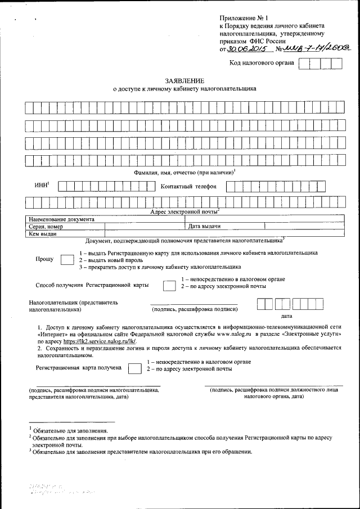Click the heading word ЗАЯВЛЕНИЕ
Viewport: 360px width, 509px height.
[x=184, y=81]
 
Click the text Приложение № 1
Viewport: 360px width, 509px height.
[x=245, y=19]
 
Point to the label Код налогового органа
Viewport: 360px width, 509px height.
[x=262, y=63]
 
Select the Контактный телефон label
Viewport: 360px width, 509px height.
[x=188, y=186]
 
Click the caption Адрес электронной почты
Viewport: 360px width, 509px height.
[x=184, y=211]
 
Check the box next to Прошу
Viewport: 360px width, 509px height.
[x=66, y=260]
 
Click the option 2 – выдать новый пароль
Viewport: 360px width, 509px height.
[x=110, y=260]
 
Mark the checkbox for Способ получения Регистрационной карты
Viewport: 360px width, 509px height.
[x=168, y=286]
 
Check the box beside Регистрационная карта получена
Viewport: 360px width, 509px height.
[x=134, y=369]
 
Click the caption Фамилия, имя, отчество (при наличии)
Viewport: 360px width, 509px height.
[x=184, y=172]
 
